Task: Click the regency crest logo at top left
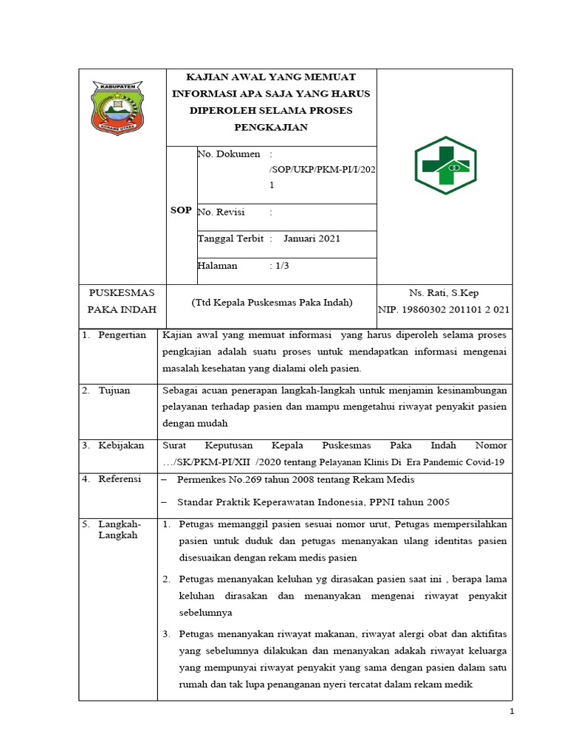[x=118, y=108]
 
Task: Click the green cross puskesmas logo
[x=445, y=165]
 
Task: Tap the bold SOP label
[x=181, y=210]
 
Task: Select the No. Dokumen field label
[x=229, y=154]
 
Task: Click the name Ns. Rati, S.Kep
[x=444, y=293]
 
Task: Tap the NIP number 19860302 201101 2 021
[x=444, y=310]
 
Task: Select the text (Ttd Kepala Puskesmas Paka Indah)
[x=272, y=303]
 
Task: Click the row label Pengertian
[x=122, y=335]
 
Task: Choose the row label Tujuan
[x=114, y=390]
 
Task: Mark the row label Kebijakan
[x=120, y=445]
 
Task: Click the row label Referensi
[x=120, y=479]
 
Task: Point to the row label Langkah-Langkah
[x=118, y=529]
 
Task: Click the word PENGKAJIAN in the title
[x=272, y=127]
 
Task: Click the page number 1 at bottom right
[x=510, y=711]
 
